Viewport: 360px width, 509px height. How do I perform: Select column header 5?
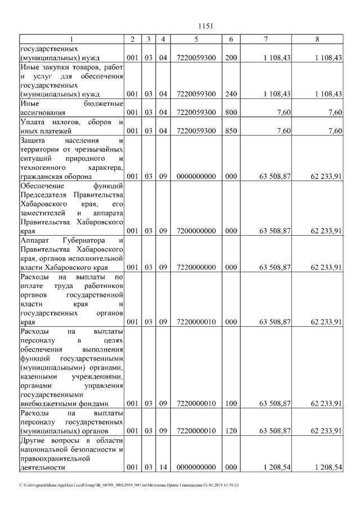[196, 39]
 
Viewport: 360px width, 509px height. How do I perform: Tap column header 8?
[318, 39]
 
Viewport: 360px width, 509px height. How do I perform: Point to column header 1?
[71, 39]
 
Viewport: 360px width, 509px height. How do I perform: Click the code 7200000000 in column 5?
[196, 231]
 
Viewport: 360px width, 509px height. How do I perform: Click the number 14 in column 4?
[163, 467]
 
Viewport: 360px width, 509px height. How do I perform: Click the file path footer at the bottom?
[129, 485]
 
